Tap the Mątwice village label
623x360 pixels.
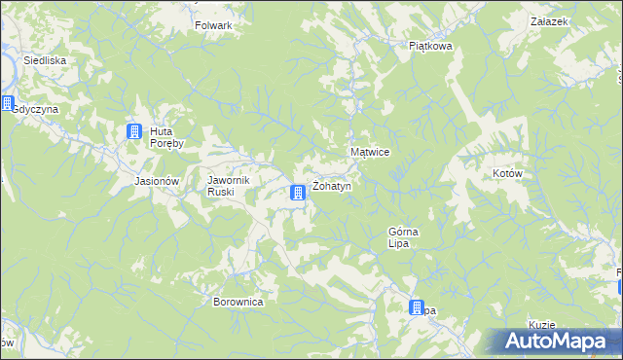(x=370, y=153)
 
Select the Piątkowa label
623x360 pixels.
(x=430, y=45)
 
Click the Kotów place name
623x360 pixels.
(x=508, y=173)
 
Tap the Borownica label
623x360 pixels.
(x=238, y=302)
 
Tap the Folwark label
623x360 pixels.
(x=213, y=25)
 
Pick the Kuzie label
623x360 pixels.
(x=542, y=324)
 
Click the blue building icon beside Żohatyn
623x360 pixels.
(x=299, y=195)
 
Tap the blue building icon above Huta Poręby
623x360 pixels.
(x=134, y=132)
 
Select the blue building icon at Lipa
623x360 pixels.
(x=417, y=307)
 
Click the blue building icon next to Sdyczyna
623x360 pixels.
(x=6, y=104)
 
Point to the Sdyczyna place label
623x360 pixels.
(x=35, y=109)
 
